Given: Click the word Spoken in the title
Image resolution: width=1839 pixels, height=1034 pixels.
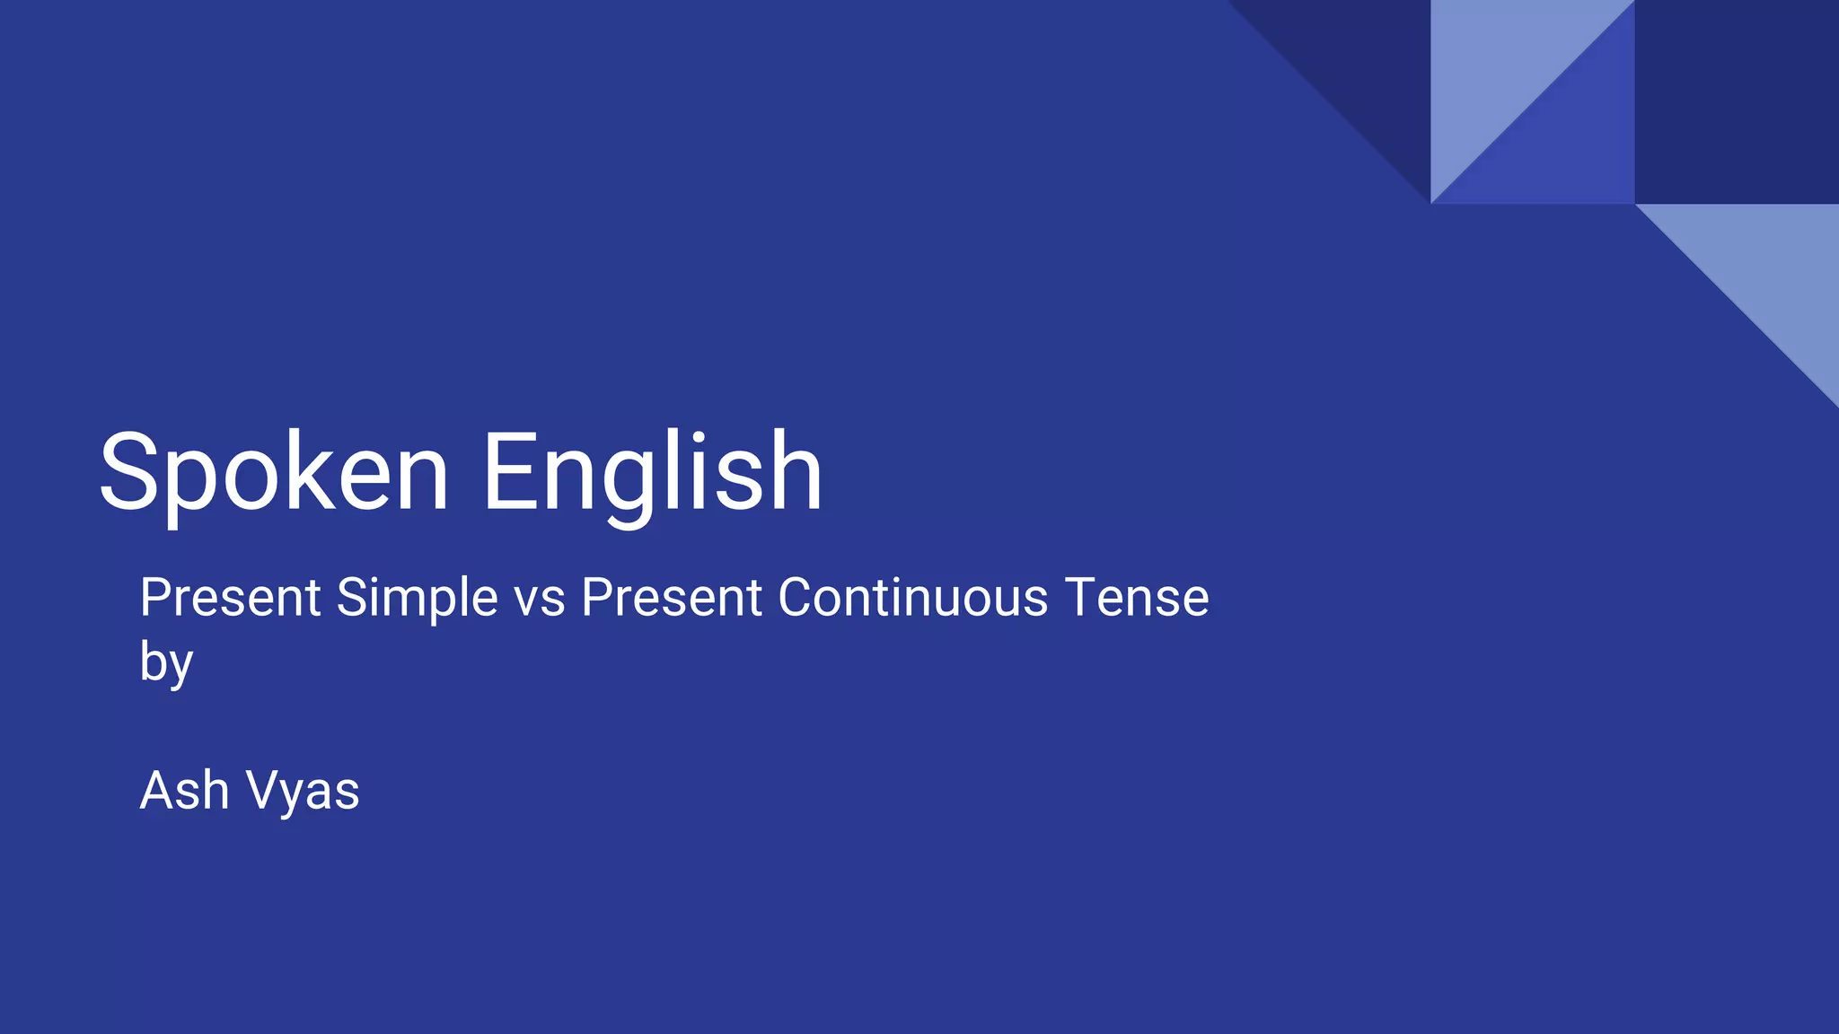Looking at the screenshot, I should (274, 473).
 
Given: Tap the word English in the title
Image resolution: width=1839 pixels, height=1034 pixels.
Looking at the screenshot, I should (652, 473).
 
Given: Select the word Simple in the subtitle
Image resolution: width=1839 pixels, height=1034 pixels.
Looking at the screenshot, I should (417, 598).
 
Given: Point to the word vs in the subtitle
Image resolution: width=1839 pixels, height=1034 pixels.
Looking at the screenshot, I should (540, 599).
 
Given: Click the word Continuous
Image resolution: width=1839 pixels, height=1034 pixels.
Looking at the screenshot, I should (912, 598).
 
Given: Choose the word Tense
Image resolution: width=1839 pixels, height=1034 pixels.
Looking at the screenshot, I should (1137, 598).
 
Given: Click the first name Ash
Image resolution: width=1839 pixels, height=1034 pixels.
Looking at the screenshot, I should (184, 791).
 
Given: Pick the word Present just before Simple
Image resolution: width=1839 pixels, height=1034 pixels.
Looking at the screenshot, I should (231, 598).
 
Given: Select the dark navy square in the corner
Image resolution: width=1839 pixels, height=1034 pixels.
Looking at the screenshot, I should (1737, 101).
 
